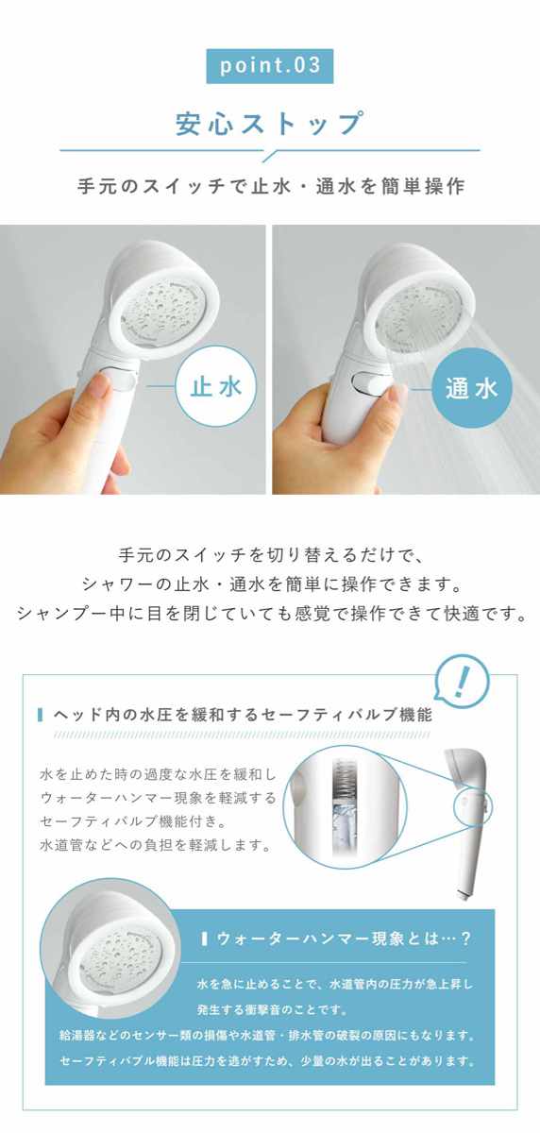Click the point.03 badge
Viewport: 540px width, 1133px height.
coord(269,66)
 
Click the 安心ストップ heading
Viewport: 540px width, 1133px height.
coord(269,124)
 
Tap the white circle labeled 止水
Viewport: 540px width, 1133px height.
coord(215,388)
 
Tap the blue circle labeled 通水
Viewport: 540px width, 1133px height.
coord(471,388)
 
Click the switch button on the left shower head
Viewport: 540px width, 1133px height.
coord(119,379)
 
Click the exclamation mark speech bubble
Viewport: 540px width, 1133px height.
coord(464,682)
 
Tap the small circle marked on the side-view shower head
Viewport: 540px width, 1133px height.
coord(472,805)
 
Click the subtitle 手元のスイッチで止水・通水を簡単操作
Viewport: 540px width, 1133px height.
coord(271,187)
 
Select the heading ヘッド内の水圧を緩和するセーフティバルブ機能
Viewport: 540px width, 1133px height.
coord(243,714)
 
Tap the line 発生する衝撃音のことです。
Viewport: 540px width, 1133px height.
coord(273,1009)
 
